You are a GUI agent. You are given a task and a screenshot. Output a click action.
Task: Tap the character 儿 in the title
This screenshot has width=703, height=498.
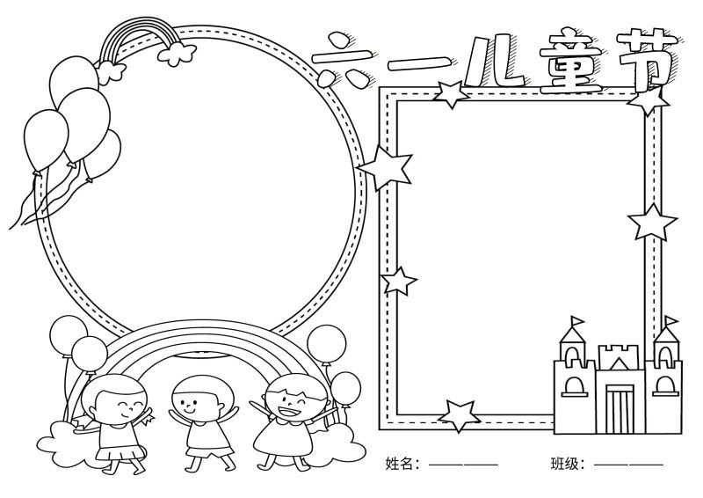494,62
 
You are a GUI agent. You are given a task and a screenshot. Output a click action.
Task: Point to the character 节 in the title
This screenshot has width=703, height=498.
646,56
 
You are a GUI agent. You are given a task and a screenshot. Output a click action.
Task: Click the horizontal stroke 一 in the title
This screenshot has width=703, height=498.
419,63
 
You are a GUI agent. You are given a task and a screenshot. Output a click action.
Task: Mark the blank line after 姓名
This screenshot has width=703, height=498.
463,465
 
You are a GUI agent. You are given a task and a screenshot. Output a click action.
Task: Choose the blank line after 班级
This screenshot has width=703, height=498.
628,465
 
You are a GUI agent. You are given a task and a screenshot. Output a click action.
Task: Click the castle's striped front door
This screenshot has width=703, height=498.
620,408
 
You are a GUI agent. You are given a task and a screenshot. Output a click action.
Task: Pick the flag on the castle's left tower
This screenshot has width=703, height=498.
577,321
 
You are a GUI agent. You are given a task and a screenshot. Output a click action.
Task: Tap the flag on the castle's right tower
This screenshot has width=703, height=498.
671,321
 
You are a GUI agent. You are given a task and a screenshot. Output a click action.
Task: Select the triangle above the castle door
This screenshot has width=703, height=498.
619,363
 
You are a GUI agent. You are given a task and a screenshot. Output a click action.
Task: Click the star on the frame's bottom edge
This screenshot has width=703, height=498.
458,415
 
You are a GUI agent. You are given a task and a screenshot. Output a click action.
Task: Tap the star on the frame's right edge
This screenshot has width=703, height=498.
652,223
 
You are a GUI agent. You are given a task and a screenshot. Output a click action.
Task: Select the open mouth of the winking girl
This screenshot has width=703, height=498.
288,410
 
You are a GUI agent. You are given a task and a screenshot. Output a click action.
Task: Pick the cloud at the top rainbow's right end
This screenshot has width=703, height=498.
177,54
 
